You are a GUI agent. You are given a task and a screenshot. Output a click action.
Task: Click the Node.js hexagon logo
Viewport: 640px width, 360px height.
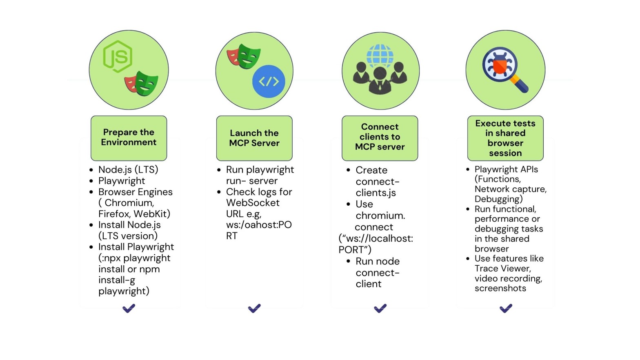pyautogui.click(x=118, y=56)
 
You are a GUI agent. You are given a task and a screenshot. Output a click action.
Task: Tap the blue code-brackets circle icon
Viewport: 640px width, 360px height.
pyautogui.click(x=269, y=81)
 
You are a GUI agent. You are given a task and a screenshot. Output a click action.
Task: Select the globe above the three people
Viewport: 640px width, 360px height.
pyautogui.click(x=380, y=55)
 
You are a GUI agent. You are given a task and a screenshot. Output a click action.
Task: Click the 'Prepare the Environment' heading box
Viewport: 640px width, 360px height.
pyautogui.click(x=129, y=138)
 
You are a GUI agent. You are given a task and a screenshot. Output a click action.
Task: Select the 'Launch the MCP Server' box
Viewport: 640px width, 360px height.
pyautogui.click(x=254, y=138)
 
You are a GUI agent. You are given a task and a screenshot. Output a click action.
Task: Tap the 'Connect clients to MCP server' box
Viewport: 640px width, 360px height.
pyautogui.click(x=380, y=138)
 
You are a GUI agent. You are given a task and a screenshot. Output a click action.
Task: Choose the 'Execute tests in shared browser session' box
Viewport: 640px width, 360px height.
pyautogui.click(x=505, y=138)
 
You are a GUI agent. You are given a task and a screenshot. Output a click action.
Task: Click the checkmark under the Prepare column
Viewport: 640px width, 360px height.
pyautogui.click(x=129, y=308)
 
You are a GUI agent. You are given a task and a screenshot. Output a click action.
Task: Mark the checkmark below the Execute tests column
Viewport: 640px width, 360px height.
pyautogui.click(x=506, y=308)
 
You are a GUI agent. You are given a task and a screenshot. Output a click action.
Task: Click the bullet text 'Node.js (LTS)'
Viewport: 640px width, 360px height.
pyautogui.click(x=128, y=169)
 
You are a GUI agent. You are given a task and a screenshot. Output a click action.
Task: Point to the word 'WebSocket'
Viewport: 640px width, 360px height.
pyautogui.click(x=253, y=203)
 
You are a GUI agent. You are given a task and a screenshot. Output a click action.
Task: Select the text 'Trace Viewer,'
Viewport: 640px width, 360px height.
pyautogui.click(x=502, y=269)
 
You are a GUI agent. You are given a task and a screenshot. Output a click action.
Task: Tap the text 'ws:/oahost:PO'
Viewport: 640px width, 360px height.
pyautogui.click(x=259, y=225)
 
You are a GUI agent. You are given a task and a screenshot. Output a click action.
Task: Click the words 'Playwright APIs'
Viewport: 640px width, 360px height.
pyautogui.click(x=506, y=169)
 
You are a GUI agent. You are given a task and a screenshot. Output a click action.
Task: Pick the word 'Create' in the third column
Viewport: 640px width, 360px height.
pyautogui.click(x=371, y=170)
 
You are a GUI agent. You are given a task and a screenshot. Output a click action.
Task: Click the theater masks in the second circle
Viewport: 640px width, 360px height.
pyautogui.click(x=244, y=56)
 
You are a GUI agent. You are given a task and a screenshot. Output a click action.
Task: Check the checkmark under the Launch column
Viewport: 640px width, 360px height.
pyautogui.click(x=254, y=308)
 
